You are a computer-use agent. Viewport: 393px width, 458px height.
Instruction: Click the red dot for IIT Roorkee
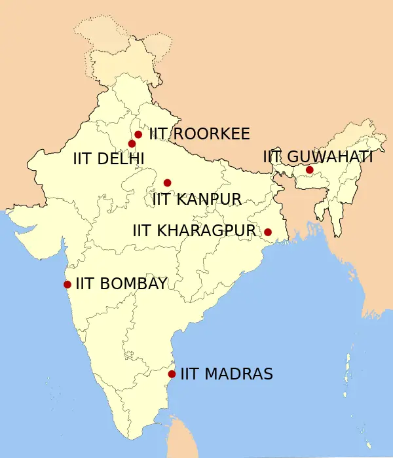point(138,134)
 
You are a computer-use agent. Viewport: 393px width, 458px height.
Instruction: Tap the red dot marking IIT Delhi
point(132,143)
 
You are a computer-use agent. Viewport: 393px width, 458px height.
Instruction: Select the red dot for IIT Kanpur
point(167,183)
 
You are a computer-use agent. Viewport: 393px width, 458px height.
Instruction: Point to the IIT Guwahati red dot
point(309,170)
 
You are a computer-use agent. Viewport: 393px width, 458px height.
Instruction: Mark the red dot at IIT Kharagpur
point(267,232)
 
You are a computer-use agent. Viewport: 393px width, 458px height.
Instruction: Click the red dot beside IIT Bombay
point(67,284)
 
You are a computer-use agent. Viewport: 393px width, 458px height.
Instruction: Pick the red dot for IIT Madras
point(172,374)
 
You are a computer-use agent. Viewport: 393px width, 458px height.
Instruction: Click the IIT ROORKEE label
point(199,134)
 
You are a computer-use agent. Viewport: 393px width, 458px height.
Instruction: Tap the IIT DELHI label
point(109,158)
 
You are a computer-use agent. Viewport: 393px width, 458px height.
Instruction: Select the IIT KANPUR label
point(196,199)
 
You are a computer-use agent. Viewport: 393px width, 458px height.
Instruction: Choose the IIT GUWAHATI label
point(318,157)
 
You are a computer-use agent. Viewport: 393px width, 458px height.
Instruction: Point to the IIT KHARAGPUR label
point(193,230)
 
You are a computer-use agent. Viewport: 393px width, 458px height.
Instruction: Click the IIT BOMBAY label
point(121,283)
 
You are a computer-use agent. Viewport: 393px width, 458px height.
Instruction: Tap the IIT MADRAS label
point(226,374)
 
